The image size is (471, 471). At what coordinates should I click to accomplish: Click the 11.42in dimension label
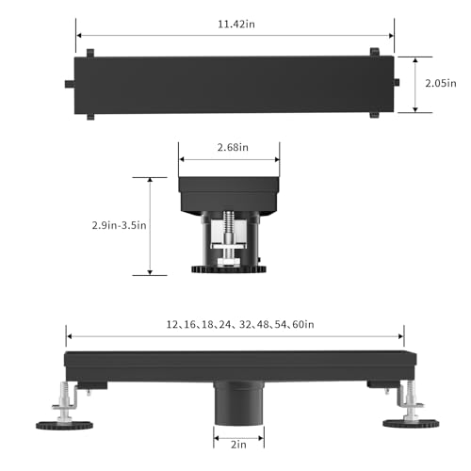[x=236, y=24]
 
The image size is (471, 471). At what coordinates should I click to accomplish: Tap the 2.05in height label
[x=441, y=83]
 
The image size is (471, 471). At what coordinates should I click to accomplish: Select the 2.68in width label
[x=233, y=147]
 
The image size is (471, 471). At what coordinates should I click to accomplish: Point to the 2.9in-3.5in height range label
[x=119, y=225]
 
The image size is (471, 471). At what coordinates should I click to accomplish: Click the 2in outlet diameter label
[x=238, y=445]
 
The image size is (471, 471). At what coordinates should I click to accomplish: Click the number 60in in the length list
[x=303, y=324]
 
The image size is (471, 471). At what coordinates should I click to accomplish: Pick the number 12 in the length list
[x=171, y=324]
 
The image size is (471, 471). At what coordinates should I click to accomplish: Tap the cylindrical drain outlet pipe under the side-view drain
[x=238, y=403]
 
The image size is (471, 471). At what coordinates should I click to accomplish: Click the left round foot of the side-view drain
[x=64, y=426]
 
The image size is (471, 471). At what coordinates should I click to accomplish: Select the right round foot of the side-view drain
[x=411, y=423]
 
